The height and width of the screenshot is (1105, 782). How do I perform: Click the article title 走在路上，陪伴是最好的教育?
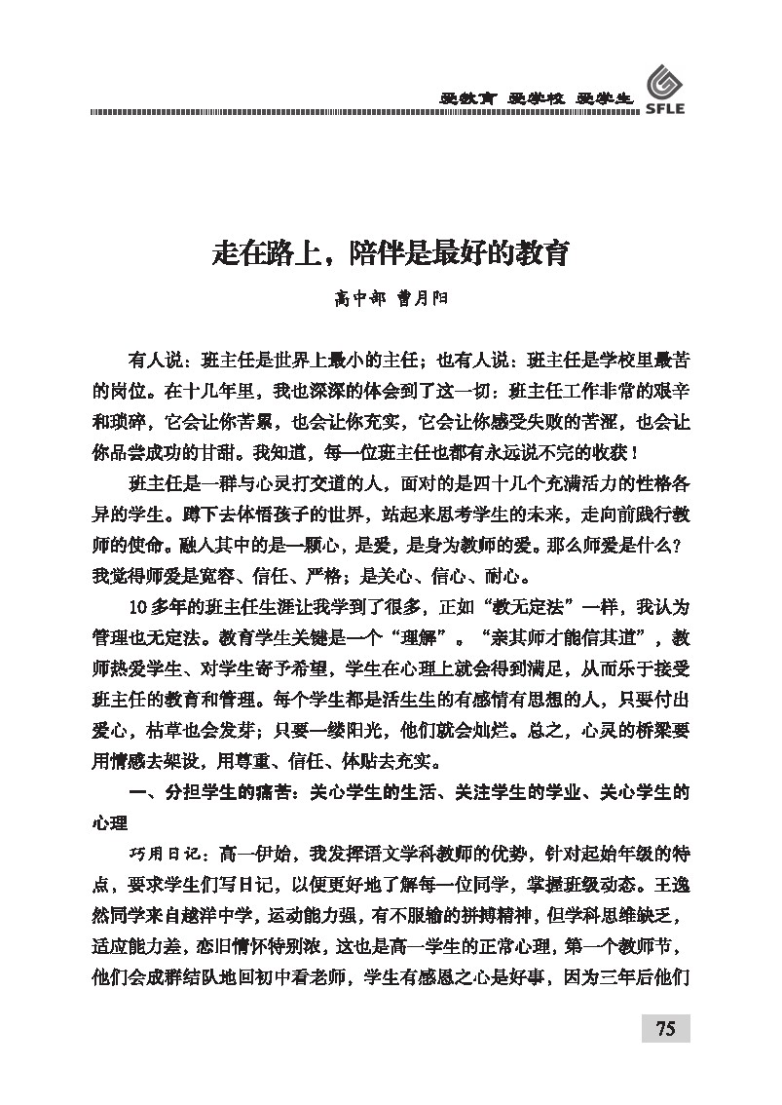click(x=391, y=255)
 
